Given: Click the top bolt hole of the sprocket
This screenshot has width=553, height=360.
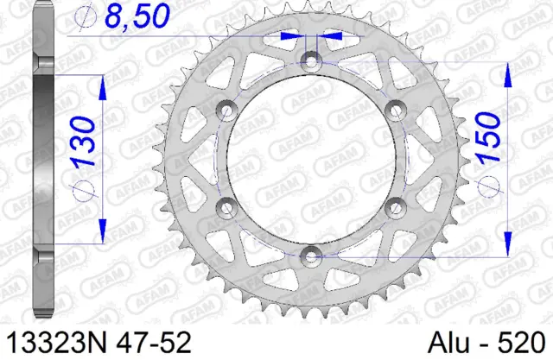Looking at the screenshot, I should pyautogui.click(x=312, y=60).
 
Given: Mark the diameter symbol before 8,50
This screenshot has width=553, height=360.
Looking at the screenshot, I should pyautogui.click(x=85, y=17).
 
